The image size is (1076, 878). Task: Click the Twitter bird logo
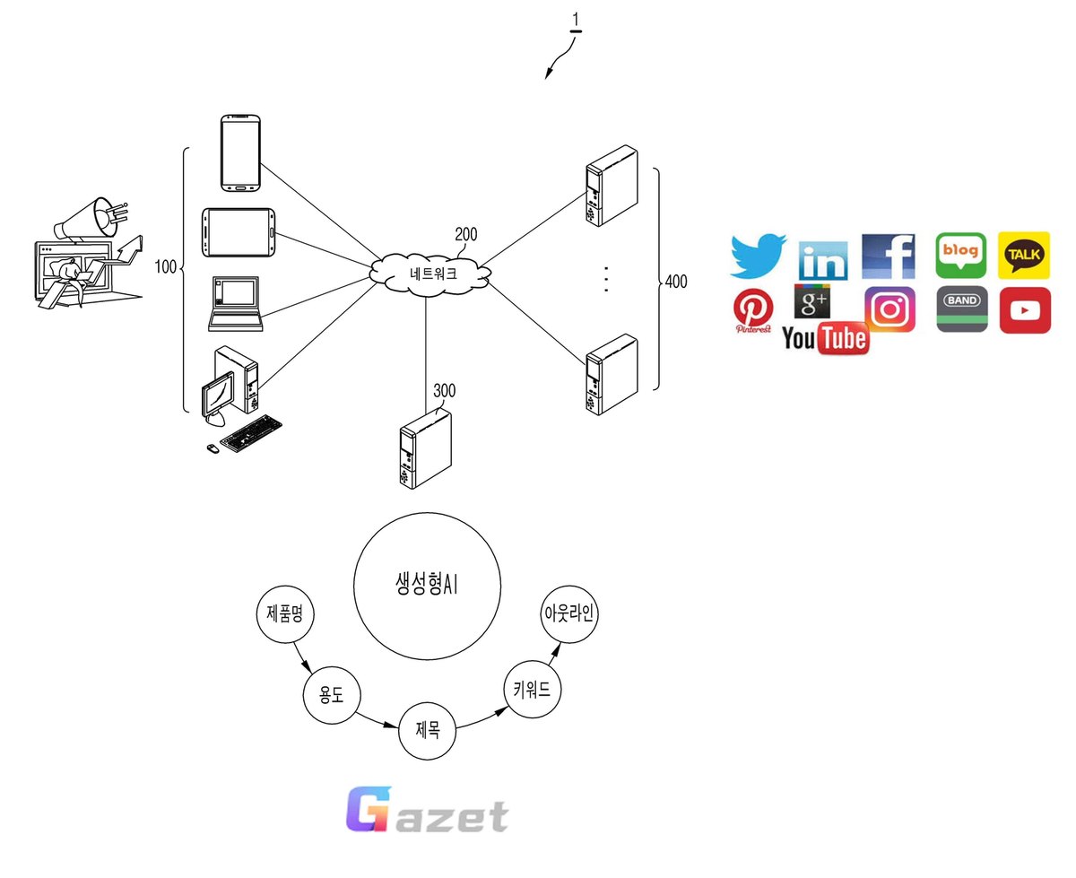click(757, 256)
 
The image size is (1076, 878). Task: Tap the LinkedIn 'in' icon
click(823, 260)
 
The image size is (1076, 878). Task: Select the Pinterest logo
click(753, 310)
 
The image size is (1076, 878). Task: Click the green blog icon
click(960, 255)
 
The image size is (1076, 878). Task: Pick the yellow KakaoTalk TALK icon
click(1023, 255)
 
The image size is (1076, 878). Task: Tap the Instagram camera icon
click(889, 309)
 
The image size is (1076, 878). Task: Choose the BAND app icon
click(962, 309)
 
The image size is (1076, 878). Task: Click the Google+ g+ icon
click(811, 301)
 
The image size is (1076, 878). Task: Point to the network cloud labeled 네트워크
click(430, 274)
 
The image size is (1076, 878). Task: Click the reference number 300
click(444, 390)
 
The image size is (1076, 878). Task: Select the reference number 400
click(675, 281)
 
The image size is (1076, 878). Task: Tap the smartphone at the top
click(240, 152)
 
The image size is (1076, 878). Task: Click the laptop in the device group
click(235, 303)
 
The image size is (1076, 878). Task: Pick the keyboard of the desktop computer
click(250, 433)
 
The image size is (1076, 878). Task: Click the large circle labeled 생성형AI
click(427, 587)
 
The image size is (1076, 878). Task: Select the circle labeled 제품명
click(284, 613)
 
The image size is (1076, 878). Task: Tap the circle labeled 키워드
click(532, 690)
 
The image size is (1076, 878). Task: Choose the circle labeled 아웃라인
click(568, 613)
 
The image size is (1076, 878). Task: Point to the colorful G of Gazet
click(369, 809)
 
